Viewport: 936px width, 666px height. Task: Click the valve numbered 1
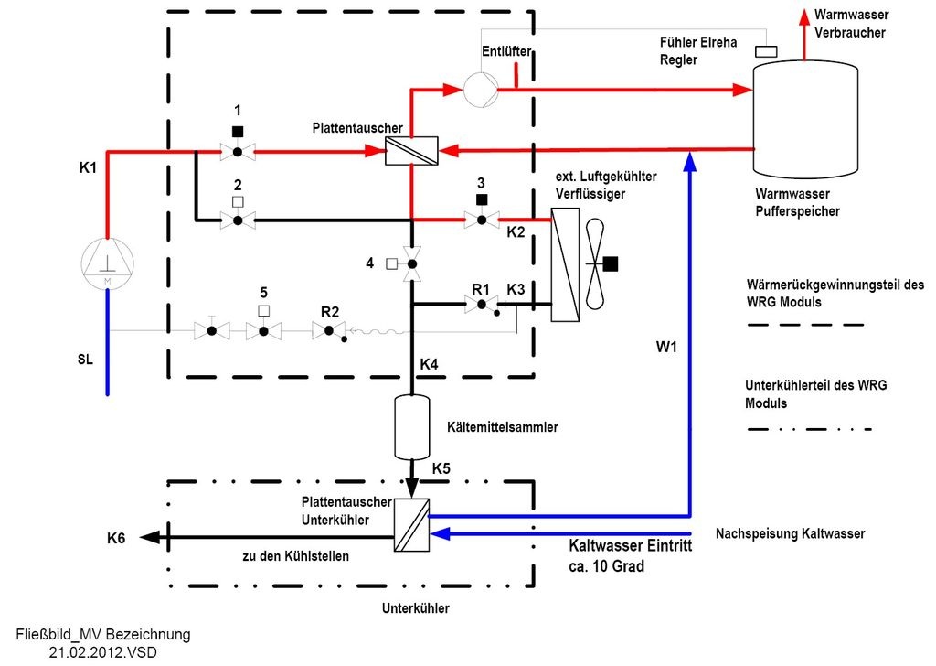point(237,151)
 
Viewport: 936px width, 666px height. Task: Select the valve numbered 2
point(237,220)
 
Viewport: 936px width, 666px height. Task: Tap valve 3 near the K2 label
point(482,220)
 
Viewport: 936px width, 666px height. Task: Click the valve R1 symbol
point(482,306)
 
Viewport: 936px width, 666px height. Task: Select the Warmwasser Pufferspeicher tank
point(805,119)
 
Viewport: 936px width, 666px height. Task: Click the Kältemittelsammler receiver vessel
point(411,426)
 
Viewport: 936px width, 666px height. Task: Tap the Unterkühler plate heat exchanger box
point(411,524)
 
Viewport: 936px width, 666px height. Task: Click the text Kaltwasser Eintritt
point(630,546)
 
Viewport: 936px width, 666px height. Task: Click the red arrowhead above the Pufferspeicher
point(805,16)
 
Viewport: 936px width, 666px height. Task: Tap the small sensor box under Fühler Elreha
point(766,52)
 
